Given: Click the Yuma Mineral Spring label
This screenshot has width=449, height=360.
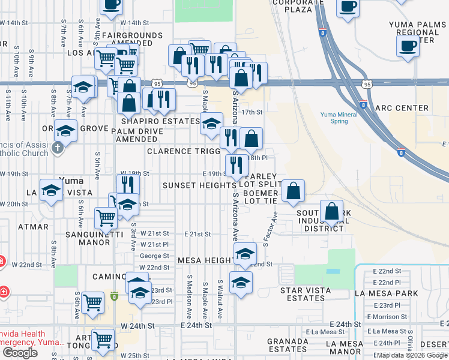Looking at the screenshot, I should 331,118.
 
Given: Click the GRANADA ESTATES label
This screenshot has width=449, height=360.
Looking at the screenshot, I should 288,345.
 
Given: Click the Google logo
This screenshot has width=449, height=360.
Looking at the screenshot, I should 20,353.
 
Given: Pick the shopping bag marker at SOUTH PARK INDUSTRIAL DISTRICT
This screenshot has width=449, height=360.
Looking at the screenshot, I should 331,211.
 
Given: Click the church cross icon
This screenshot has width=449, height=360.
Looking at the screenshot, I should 58,148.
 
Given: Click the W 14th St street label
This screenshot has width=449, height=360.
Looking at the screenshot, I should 14,22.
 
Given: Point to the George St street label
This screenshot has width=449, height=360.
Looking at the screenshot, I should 150,256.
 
